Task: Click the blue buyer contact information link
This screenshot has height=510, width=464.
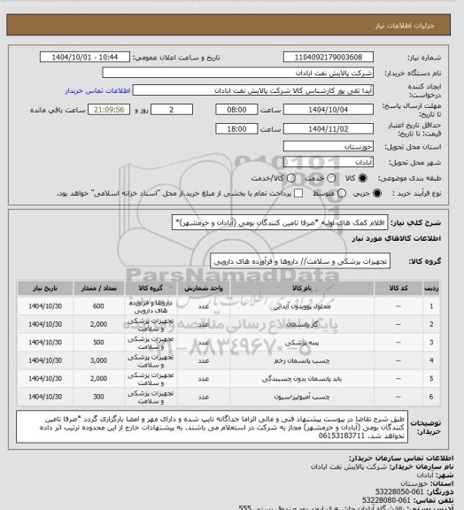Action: (92, 90)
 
